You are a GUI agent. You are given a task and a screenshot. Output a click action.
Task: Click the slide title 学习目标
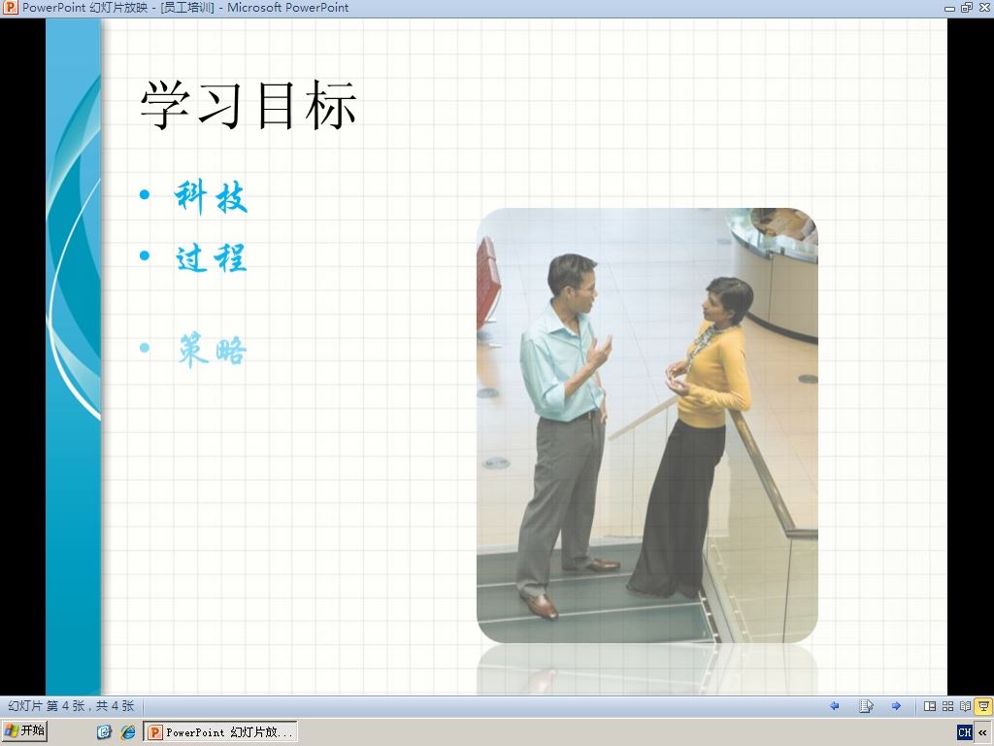click(x=248, y=105)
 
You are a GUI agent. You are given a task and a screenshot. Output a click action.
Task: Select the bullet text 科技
click(x=211, y=196)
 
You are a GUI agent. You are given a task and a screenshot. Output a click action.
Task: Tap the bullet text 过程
click(x=211, y=257)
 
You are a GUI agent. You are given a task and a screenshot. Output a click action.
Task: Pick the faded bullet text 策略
click(x=212, y=350)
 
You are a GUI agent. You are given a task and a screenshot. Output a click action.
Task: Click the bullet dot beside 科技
click(x=145, y=194)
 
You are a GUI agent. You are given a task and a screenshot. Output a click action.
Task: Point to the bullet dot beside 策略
click(x=145, y=348)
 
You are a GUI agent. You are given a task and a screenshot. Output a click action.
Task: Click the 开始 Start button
click(x=24, y=731)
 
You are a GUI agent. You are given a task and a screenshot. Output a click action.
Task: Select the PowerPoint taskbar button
click(x=220, y=732)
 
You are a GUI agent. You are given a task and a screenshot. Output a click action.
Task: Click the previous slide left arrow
click(x=834, y=706)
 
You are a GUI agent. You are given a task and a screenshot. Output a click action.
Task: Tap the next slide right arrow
click(x=896, y=706)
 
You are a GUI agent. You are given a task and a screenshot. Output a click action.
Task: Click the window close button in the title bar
click(x=984, y=8)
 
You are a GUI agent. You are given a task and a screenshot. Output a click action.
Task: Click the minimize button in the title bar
click(x=949, y=8)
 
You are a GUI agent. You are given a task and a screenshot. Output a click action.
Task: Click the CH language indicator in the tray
click(x=964, y=732)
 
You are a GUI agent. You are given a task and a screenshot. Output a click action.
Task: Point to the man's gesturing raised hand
click(x=598, y=354)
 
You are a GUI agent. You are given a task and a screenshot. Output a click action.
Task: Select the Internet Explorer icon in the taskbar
click(x=128, y=732)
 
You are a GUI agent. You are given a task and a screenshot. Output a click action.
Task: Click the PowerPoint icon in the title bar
click(x=10, y=8)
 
